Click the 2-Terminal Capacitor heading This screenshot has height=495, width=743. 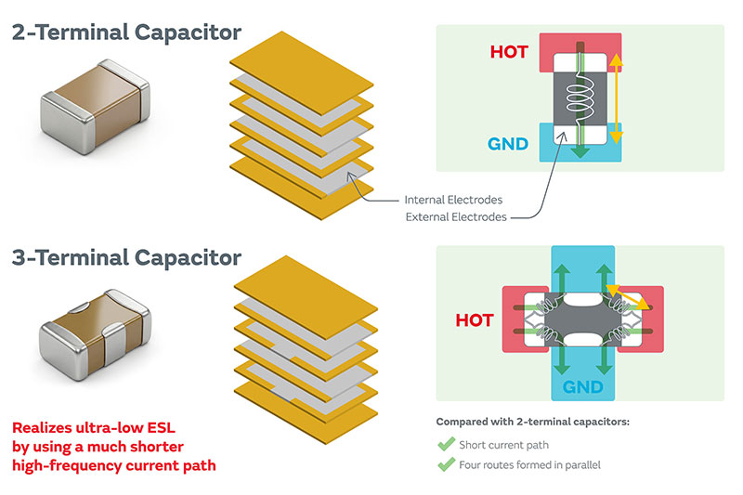click(x=126, y=33)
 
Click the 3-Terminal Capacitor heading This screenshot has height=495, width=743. click(x=126, y=257)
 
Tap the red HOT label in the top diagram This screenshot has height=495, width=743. click(x=509, y=52)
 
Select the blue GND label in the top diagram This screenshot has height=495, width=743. click(x=508, y=144)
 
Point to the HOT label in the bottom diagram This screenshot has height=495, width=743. click(x=475, y=320)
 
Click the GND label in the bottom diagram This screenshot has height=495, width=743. click(x=583, y=387)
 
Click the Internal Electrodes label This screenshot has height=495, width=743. click(x=453, y=200)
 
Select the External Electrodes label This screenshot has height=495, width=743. click(x=456, y=217)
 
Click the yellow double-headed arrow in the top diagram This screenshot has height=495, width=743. click(x=616, y=98)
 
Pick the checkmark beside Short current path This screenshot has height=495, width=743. click(x=446, y=444)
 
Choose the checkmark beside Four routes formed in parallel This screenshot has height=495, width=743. click(x=446, y=464)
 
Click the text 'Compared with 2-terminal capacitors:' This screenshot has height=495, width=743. click(x=532, y=422)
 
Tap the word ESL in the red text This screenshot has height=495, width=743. click(x=161, y=428)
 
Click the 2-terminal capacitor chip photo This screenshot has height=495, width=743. click(x=96, y=107)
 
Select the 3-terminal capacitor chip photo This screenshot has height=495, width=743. click(x=95, y=334)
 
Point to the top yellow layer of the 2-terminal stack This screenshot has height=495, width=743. click(x=302, y=73)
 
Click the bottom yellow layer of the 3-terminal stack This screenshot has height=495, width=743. click(x=306, y=412)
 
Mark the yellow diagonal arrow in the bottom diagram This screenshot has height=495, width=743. click(x=628, y=297)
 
